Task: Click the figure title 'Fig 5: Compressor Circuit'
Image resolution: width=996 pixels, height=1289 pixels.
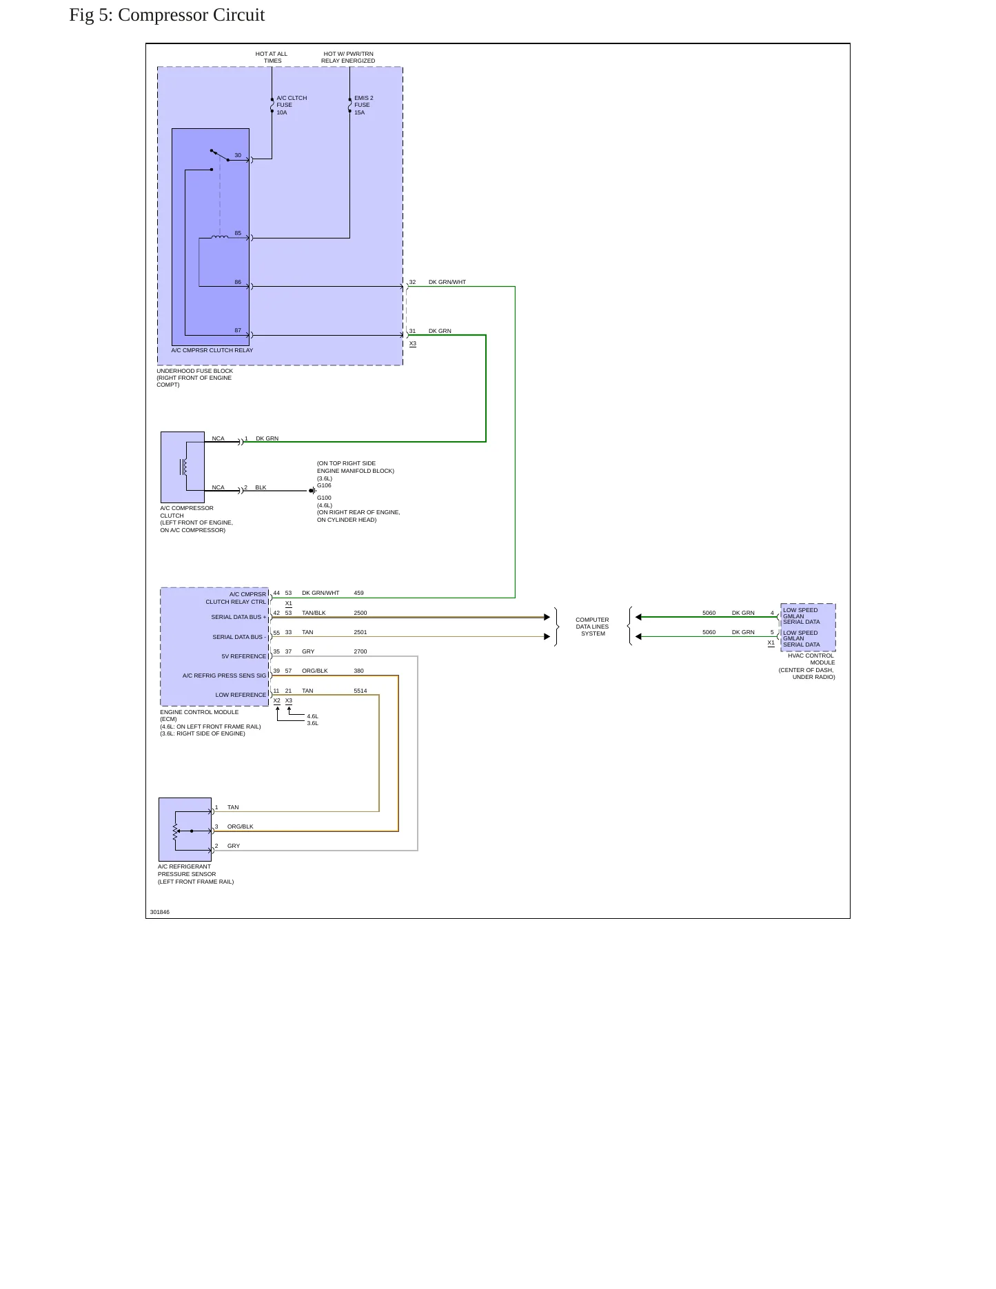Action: [x=167, y=15]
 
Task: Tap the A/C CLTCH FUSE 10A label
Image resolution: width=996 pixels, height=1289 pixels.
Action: [x=292, y=105]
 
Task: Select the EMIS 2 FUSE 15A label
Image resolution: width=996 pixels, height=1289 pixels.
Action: [x=364, y=105]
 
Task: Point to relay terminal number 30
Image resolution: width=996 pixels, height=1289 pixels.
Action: [x=238, y=156]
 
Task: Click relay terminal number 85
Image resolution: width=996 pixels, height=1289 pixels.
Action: [x=238, y=234]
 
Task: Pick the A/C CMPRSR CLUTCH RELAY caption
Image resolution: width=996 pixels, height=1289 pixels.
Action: [x=212, y=350]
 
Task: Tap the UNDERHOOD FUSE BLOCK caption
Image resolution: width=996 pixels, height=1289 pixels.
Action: [x=194, y=378]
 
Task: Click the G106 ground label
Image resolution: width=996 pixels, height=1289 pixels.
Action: [x=324, y=485]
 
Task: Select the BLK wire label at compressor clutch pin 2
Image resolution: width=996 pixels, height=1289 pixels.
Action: [x=261, y=487]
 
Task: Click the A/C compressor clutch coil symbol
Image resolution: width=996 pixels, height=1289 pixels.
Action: [x=183, y=467]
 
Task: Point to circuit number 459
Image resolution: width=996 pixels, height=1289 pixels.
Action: [x=358, y=593]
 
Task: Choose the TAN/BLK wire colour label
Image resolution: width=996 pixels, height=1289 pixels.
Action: [x=314, y=613]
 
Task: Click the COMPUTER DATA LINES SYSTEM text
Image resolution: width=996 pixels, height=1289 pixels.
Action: [x=593, y=627]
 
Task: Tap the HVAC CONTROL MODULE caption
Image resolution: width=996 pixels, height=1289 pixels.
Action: [x=807, y=667]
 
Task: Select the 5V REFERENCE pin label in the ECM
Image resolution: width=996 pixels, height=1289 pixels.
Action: [x=244, y=656]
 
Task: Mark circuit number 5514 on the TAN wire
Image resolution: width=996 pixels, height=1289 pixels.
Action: [x=360, y=691]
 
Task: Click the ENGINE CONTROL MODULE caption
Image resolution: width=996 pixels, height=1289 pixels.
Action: [x=210, y=723]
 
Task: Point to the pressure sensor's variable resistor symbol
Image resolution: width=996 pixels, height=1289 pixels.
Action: [x=176, y=831]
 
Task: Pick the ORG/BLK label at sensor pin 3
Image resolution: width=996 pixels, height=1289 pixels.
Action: [x=241, y=826]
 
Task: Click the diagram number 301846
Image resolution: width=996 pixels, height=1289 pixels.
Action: [x=160, y=912]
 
